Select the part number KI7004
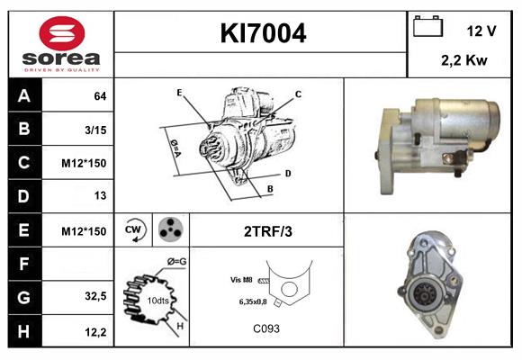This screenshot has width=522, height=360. pos(263,34)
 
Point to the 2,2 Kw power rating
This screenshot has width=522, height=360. pos(465,61)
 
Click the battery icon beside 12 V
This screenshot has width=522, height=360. pos(427,28)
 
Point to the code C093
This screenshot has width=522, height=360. pos(265,328)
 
